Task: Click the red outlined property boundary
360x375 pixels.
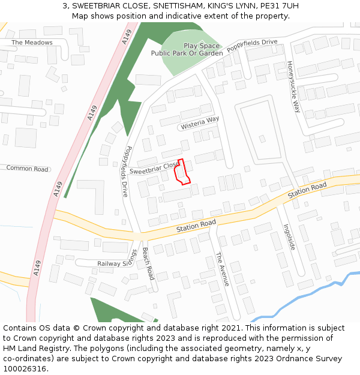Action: pyautogui.click(x=182, y=172)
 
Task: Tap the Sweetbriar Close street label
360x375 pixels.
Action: pyautogui.click(x=155, y=167)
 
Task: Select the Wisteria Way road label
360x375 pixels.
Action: pyautogui.click(x=200, y=123)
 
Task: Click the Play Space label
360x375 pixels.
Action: pyautogui.click(x=202, y=46)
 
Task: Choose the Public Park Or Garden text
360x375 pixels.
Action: pyautogui.click(x=187, y=53)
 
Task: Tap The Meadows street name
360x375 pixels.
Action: pyautogui.click(x=32, y=43)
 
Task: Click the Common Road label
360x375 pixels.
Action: pyautogui.click(x=28, y=169)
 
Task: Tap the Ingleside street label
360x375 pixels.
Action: pyautogui.click(x=290, y=236)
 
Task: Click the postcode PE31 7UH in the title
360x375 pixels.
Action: pyautogui.click(x=279, y=6)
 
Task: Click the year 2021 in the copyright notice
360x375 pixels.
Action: pyautogui.click(x=230, y=328)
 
